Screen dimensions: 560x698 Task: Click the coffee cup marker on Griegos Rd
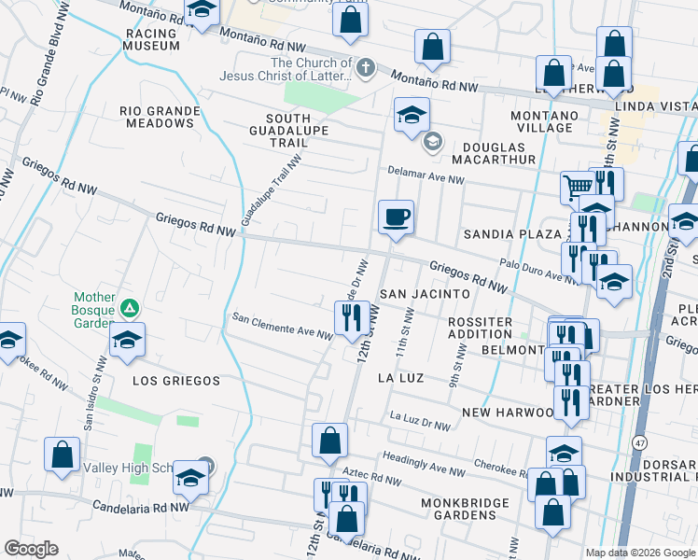[x=396, y=217]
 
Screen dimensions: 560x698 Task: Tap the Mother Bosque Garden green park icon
[x=131, y=307]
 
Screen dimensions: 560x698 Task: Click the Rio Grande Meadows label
[x=160, y=117]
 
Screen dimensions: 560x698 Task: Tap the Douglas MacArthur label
[x=496, y=153]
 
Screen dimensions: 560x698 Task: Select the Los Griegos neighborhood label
[x=176, y=381]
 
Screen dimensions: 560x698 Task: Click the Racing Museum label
[x=150, y=39]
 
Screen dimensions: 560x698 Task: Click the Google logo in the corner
[x=31, y=549]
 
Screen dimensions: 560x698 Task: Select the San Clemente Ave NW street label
[x=282, y=326]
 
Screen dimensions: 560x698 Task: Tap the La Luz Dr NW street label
[x=420, y=421]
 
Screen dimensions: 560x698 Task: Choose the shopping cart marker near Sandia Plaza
[x=577, y=187]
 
